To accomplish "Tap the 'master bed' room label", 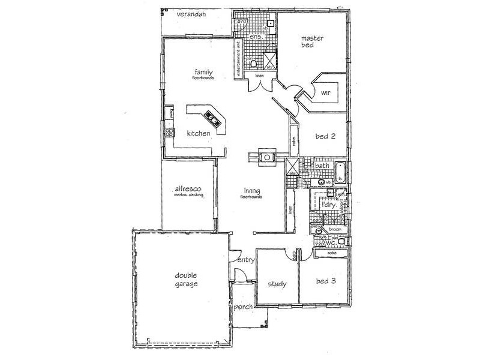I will (313, 42).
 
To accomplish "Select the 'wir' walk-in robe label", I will (326, 93).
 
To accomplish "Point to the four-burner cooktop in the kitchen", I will (170, 132).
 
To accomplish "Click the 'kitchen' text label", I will (198, 133).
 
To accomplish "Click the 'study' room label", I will (277, 284).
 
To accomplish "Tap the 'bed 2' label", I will (325, 136).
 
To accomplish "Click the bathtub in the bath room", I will (340, 172).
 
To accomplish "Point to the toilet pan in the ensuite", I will (254, 64).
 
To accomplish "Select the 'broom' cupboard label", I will (335, 229).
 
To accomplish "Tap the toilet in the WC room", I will (341, 241).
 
